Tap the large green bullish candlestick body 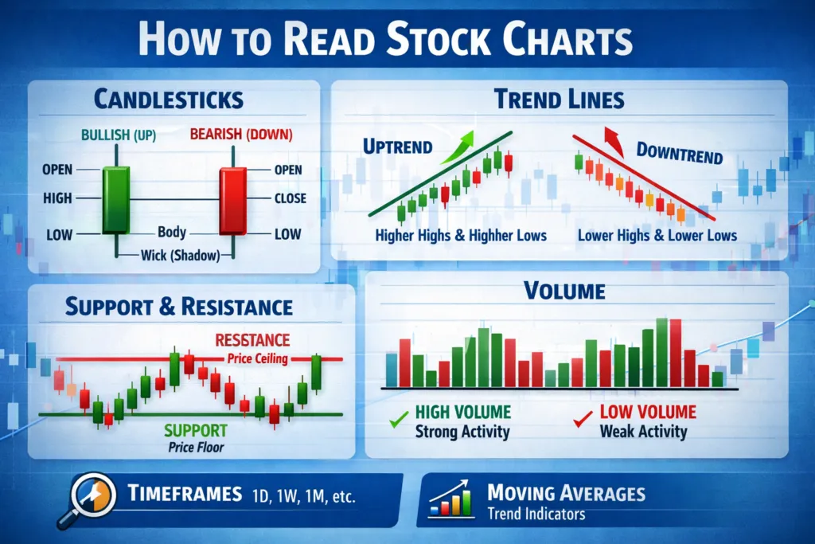point(116,199)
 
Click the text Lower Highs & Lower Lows point(657,235)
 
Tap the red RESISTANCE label point(252,340)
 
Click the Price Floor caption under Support point(197,447)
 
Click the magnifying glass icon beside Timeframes point(92,496)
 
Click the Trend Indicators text point(536,514)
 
